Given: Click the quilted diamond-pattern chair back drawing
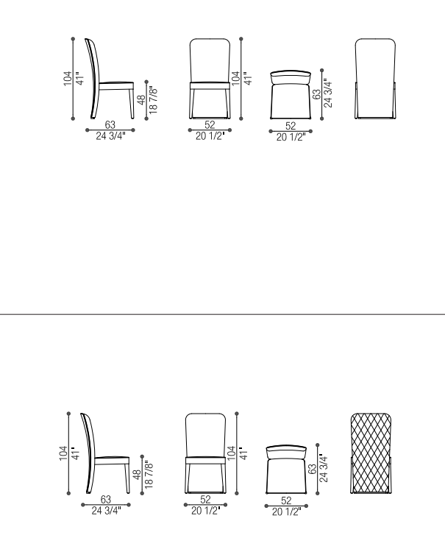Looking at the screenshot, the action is point(371,453).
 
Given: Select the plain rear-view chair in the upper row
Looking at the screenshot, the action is point(375,79).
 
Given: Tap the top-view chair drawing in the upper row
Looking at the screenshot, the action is point(291,95).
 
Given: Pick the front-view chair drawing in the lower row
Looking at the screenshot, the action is point(206,453).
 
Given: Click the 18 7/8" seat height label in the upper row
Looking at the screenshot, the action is point(153,100).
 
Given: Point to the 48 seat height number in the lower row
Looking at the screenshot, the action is point(137,475).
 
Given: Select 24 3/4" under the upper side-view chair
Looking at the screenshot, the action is point(110,136).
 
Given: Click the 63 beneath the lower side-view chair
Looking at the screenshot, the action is point(106,499).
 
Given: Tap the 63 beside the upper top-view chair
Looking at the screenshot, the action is point(317,94).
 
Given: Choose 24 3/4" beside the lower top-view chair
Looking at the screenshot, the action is point(324,468).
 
